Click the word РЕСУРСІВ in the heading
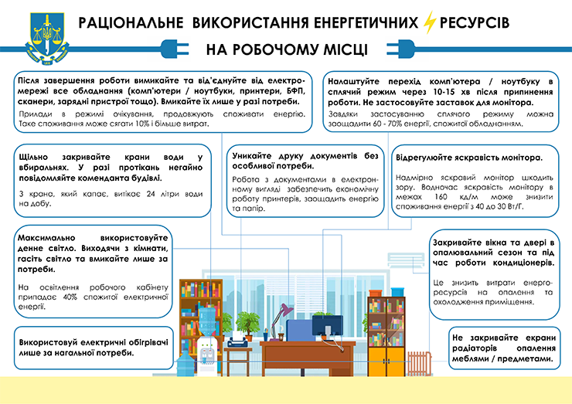click(x=475, y=22)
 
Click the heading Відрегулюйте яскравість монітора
click(x=468, y=157)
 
